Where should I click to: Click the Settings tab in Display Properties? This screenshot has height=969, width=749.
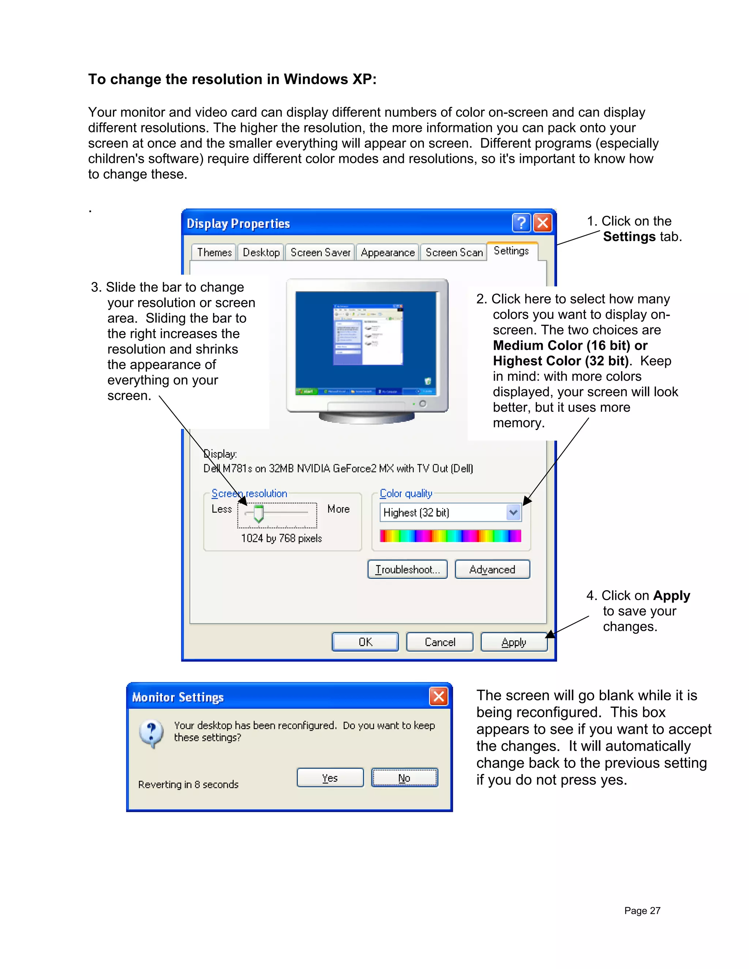click(x=512, y=251)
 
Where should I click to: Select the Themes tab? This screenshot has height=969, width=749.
click(x=214, y=252)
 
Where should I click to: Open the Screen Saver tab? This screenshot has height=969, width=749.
click(x=320, y=252)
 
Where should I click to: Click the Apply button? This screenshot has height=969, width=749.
click(x=513, y=642)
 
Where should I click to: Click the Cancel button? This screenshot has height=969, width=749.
click(x=440, y=642)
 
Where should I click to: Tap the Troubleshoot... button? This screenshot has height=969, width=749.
click(x=407, y=569)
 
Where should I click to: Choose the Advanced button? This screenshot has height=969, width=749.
click(x=492, y=569)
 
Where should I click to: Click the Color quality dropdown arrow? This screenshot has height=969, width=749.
click(x=513, y=512)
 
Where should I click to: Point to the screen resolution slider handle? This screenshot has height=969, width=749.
click(x=258, y=513)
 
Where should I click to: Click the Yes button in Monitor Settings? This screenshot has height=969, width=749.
click(x=330, y=778)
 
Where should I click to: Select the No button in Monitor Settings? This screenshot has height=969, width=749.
click(x=404, y=778)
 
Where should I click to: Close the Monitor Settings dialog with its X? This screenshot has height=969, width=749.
click(x=439, y=697)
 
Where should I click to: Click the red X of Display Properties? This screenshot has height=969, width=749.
click(x=543, y=223)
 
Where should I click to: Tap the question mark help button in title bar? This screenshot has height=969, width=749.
click(x=522, y=223)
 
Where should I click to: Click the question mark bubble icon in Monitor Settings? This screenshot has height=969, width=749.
click(x=151, y=733)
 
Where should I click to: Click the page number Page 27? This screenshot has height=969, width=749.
click(x=642, y=910)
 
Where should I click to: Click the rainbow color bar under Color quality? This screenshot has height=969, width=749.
click(x=450, y=536)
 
